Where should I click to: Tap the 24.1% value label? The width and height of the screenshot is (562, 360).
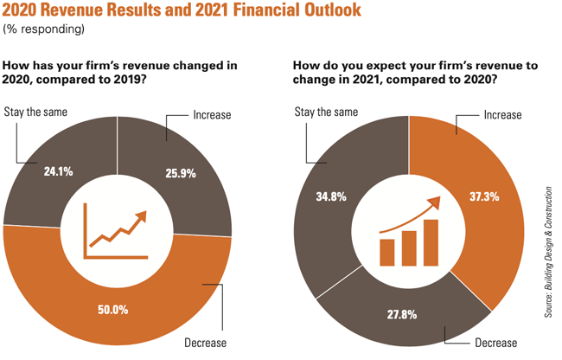point(58,171)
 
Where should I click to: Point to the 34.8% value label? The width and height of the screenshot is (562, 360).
point(332,196)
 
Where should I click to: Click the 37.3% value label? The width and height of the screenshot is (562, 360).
point(476,198)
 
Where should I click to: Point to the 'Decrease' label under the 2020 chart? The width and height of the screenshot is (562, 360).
point(206,344)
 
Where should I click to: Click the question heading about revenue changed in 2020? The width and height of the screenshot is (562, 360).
point(120,73)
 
